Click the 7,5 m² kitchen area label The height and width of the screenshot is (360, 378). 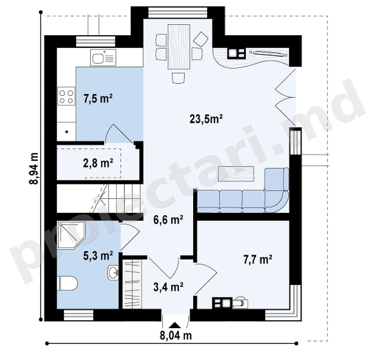(98, 99)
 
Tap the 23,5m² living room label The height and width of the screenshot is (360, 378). (206, 119)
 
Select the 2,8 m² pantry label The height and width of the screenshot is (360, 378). (98, 163)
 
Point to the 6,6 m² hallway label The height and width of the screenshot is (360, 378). (168, 220)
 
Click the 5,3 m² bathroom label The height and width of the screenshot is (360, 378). (98, 255)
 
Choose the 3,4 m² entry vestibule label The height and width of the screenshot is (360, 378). (168, 287)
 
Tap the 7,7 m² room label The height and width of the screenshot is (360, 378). (258, 260)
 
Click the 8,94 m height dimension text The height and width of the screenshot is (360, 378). (34, 168)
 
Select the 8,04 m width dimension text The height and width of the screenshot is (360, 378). (176, 335)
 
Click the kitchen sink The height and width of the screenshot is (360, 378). (103, 57)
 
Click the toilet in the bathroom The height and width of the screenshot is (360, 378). (67, 283)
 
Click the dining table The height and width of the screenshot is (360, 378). (179, 47)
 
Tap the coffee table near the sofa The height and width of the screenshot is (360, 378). (236, 174)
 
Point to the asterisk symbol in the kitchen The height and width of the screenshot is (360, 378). (67, 132)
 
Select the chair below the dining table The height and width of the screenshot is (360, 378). (179, 78)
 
